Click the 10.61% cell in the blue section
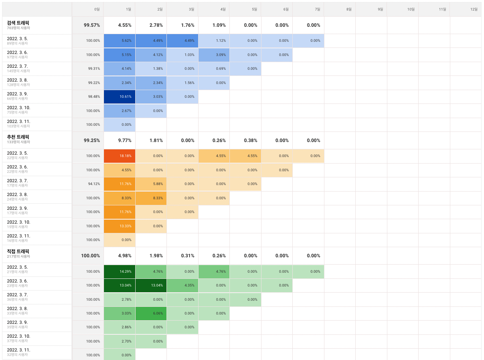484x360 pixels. (x=119, y=97)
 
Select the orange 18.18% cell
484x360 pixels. (x=119, y=156)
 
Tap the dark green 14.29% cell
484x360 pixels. (x=119, y=272)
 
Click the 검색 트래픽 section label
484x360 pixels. (x=18, y=23)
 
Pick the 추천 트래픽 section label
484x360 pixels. (x=18, y=137)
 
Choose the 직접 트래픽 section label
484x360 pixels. (x=18, y=251)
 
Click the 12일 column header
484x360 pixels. (x=474, y=9)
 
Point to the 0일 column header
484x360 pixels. (x=97, y=9)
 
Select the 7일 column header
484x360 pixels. (x=317, y=9)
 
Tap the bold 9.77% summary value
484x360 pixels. (x=125, y=140)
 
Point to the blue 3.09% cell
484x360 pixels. (x=214, y=55)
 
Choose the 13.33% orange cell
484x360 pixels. (x=119, y=226)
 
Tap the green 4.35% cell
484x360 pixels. (x=182, y=285)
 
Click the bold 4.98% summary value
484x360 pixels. (x=125, y=256)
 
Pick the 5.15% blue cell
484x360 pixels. (x=119, y=55)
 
